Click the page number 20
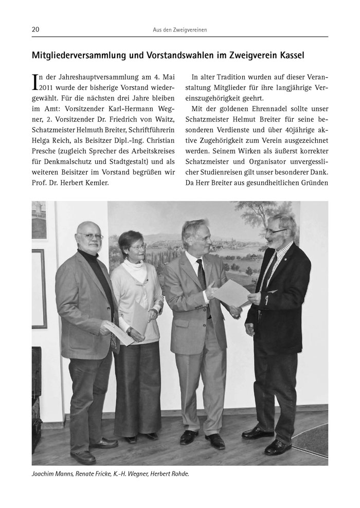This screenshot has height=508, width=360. coord(35,30)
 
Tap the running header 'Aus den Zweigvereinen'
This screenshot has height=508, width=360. coord(180,30)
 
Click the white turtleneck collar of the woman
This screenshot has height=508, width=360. coord(135,268)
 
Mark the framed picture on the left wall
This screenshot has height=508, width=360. coord(39,288)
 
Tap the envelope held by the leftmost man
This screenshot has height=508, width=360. coord(119,333)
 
